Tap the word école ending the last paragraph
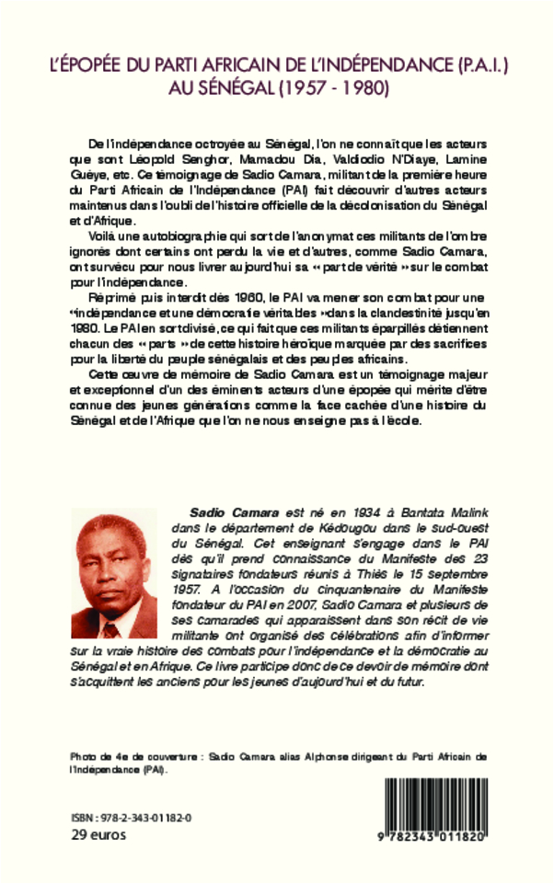tap(404, 420)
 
